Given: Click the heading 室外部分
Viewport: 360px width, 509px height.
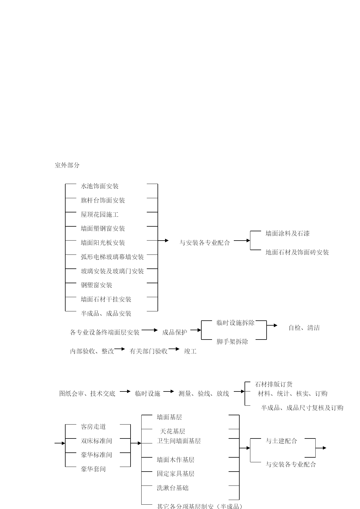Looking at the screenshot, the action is (67, 165).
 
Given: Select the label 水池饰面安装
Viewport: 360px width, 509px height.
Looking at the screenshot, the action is (100, 186).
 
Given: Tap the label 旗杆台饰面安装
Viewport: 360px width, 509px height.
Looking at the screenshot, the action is (103, 201).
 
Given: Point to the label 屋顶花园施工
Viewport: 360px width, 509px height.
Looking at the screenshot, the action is (100, 215).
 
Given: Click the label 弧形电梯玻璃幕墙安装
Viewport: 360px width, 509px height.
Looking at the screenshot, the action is (112, 257).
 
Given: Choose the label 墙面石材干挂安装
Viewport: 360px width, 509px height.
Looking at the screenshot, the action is (106, 299).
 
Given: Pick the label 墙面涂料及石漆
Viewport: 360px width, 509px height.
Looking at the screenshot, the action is (287, 234).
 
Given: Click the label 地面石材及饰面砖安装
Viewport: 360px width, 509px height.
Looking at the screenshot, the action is (297, 252).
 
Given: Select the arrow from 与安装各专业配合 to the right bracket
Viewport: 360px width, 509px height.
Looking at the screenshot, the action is (242, 241).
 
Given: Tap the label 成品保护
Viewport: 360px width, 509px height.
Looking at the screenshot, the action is (175, 333).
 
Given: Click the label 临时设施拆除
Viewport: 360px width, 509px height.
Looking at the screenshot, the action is (236, 323).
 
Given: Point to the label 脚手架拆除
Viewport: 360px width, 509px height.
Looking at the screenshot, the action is (232, 342).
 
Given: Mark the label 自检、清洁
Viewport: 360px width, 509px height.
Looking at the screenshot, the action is (304, 328).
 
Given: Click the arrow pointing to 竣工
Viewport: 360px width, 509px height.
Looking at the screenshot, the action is (174, 349).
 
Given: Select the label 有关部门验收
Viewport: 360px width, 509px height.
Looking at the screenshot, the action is (149, 351).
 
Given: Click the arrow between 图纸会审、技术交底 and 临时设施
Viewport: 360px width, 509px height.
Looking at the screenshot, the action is (125, 391).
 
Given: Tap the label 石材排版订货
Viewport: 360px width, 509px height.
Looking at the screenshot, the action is (274, 385).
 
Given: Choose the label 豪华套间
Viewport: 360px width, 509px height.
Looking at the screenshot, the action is (93, 469).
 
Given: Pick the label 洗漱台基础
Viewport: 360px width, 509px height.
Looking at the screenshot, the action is (173, 488).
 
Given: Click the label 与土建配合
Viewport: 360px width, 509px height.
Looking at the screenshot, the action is (281, 441).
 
